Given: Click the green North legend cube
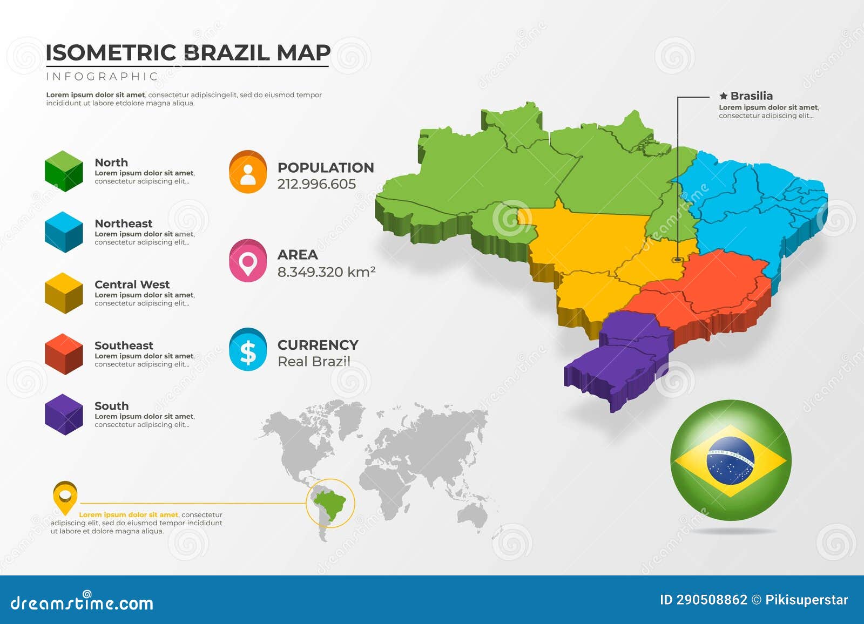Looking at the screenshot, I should point(64,171).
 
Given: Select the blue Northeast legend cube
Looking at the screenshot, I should point(64,232).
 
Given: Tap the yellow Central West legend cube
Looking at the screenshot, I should point(64,293).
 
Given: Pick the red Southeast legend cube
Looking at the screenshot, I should point(64,354).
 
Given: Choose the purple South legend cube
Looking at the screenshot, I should point(64,415).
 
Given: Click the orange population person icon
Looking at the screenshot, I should point(248,172).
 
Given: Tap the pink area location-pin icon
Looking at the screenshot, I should point(248,261).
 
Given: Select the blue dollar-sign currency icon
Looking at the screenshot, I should point(248,350).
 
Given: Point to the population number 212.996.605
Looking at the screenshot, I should point(316,184).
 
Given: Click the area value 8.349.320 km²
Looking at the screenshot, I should point(326,272).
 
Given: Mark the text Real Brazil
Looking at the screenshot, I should point(314,362).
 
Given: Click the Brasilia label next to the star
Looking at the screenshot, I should point(751,96).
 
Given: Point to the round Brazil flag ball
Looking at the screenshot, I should point(731,460).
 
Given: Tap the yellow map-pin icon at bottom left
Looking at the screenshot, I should point(65,496).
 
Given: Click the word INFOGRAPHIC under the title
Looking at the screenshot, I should point(102,77).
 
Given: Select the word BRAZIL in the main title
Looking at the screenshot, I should point(227,53).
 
